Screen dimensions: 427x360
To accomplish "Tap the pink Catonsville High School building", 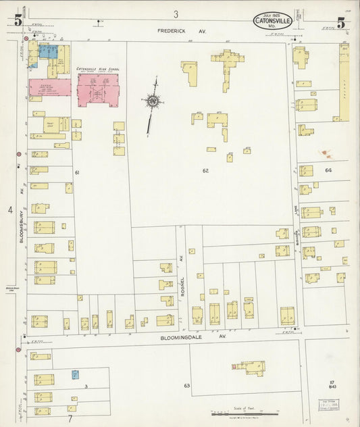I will pos(98,90).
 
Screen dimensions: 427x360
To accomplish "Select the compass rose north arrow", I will pos(153,101).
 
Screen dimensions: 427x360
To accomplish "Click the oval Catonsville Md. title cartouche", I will pos(274,22).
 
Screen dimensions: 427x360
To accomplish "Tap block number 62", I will pos(205,171).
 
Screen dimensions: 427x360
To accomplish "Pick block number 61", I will pos(77,173).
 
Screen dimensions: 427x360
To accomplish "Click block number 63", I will pos(186,386).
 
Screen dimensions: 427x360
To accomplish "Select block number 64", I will pos(328,170).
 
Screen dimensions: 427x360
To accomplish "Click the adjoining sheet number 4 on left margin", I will pos(10,211).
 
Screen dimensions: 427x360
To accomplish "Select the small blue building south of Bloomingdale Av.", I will pos(76,374).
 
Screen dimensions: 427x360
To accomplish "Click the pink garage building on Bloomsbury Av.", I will pos(49,87).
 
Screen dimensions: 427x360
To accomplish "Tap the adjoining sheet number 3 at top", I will pos(176,14).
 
